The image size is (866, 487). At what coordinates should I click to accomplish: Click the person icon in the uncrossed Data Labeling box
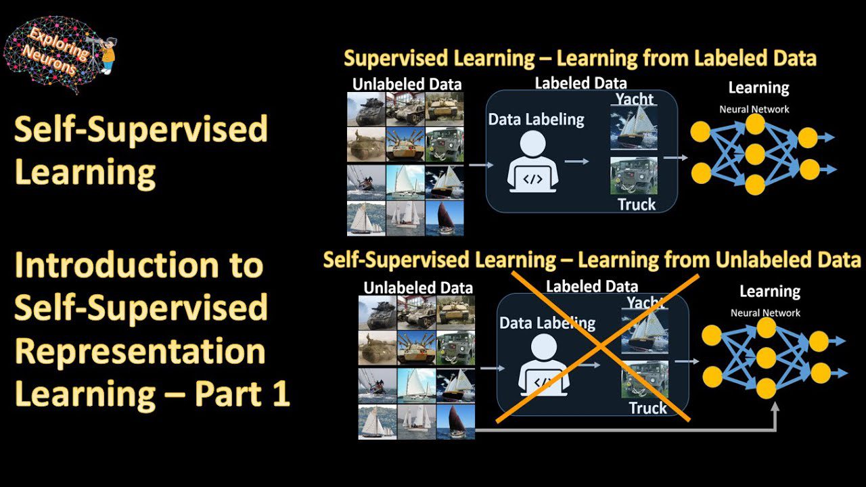tap(532, 161)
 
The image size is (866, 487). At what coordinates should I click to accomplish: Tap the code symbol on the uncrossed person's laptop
tap(532, 179)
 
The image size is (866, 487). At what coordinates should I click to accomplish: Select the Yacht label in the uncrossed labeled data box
tap(635, 99)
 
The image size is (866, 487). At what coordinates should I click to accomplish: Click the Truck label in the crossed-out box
tap(648, 408)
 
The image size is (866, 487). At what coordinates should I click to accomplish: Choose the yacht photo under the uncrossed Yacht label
tap(634, 128)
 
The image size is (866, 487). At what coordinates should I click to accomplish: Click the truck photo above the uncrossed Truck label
tap(634, 175)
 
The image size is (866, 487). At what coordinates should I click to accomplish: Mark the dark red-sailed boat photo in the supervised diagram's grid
tap(445, 218)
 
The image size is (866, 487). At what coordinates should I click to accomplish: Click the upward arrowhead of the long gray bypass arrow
tap(775, 407)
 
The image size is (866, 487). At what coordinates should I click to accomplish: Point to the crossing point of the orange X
tap(599, 346)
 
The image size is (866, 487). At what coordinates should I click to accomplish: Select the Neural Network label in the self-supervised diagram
tap(765, 312)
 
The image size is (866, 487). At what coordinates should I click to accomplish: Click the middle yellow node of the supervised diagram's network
tap(754, 154)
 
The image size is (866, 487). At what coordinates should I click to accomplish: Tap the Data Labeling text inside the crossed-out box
tap(547, 323)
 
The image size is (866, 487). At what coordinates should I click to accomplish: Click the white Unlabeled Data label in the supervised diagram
tap(407, 85)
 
